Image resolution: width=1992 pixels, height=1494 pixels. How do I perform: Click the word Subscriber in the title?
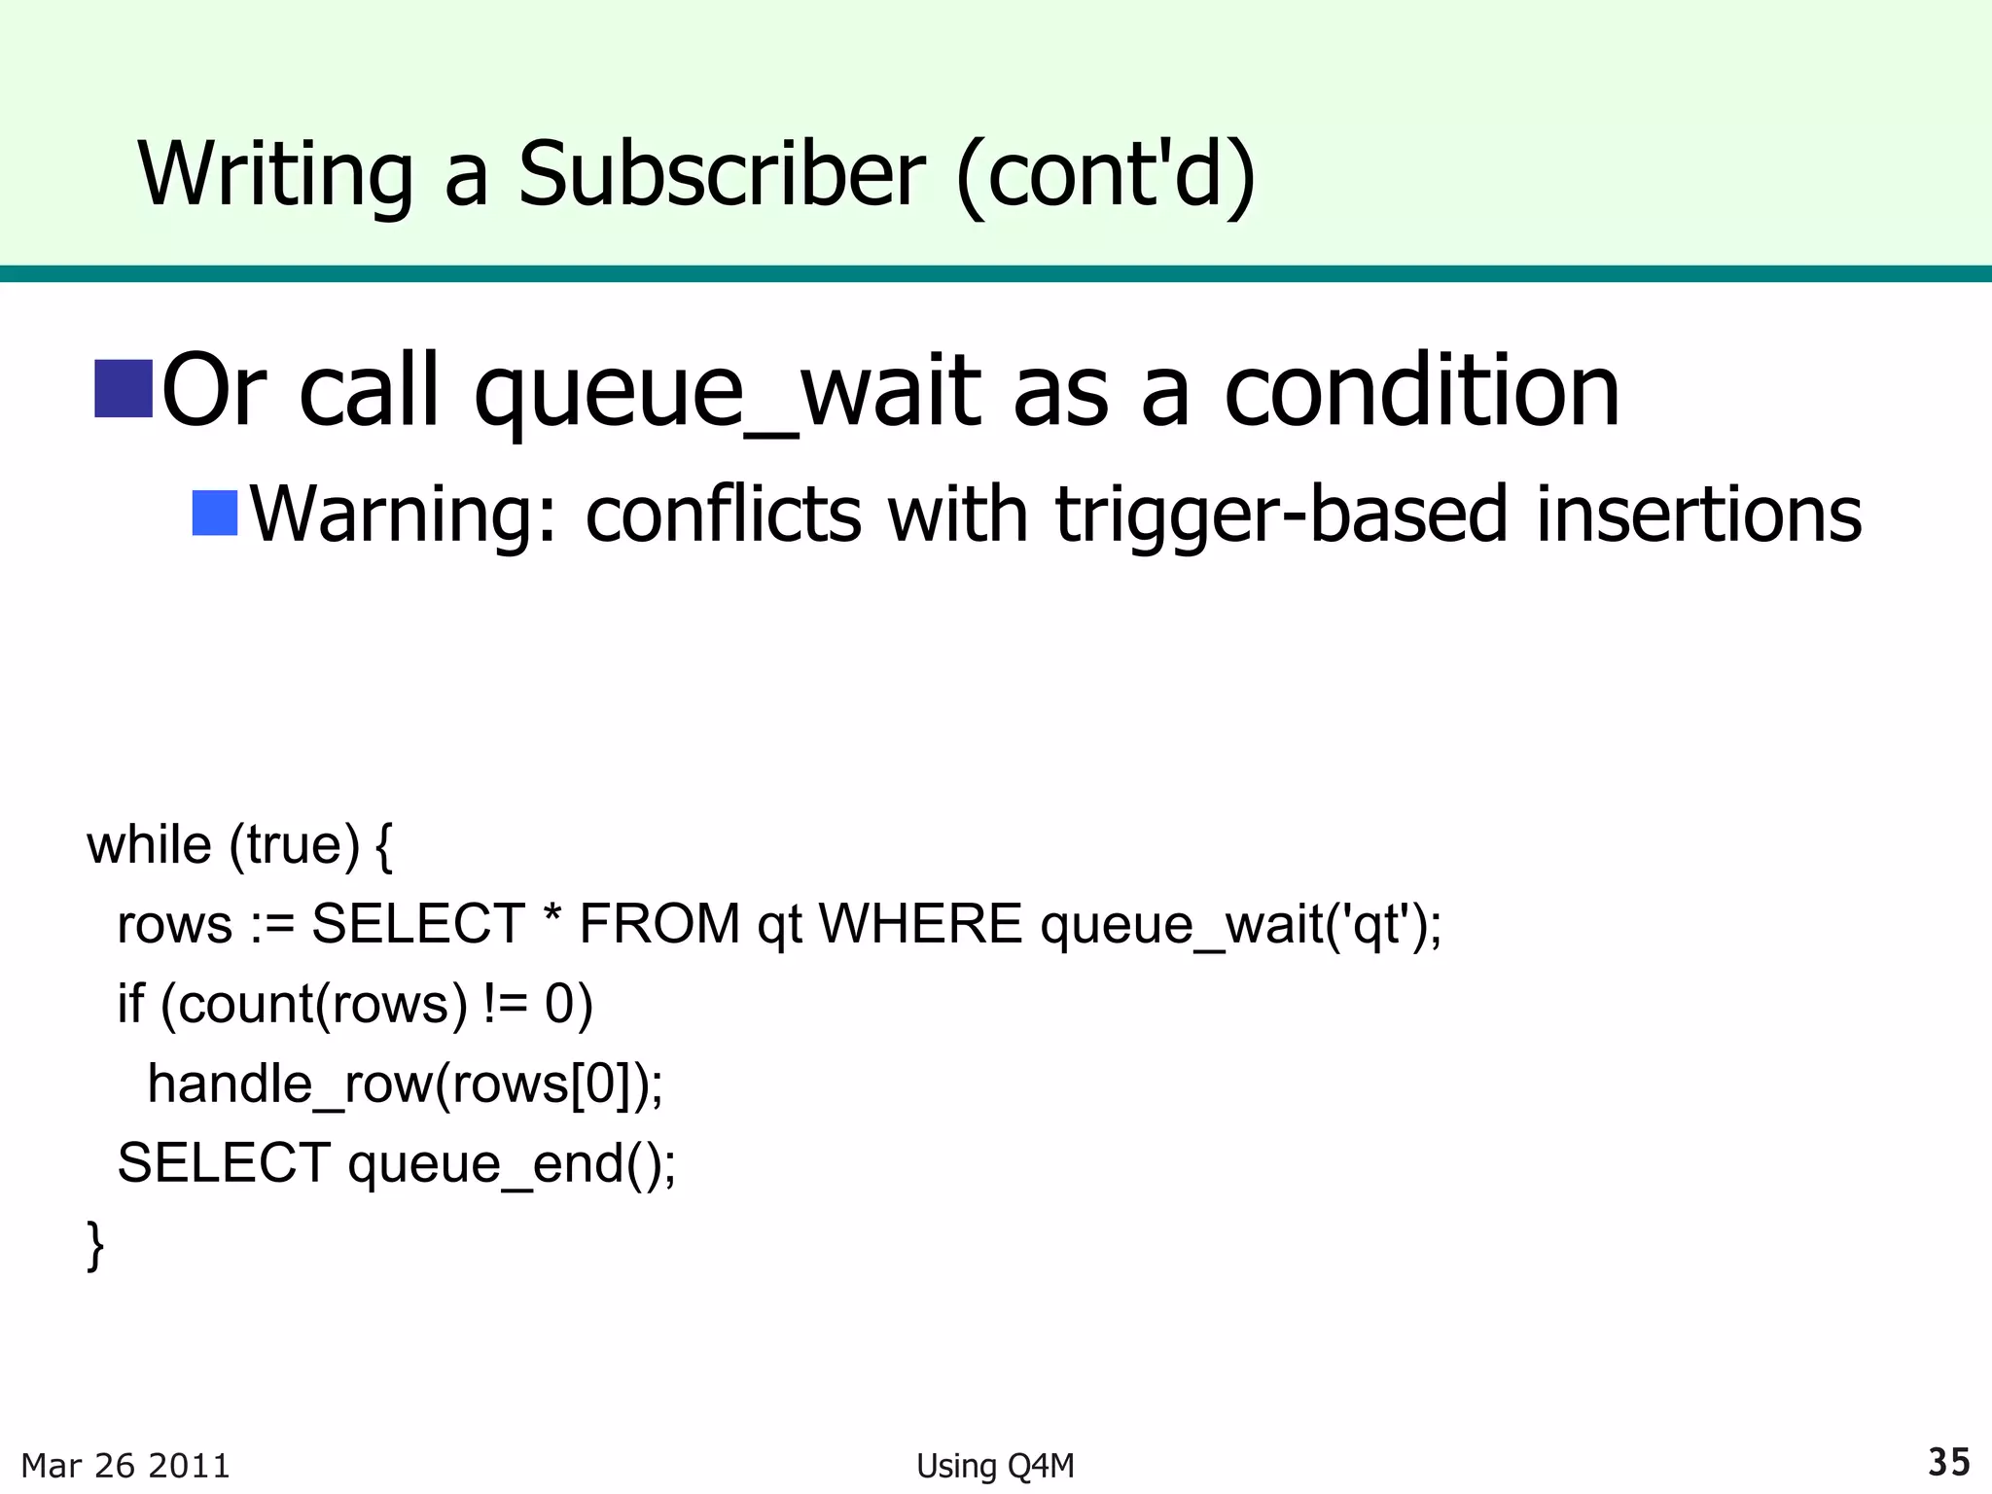721,174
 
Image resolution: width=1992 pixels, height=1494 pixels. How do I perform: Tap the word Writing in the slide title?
276,174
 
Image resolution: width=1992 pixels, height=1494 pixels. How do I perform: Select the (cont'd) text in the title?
1106,174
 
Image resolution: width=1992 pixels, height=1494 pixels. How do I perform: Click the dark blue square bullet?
124,388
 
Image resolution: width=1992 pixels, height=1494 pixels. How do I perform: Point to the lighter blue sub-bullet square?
215,514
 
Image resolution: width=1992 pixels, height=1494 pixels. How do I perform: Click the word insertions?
1698,514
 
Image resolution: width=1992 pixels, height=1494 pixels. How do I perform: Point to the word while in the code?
149,844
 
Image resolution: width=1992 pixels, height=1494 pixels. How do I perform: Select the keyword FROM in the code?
659,924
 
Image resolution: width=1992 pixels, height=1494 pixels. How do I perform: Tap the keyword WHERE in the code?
920,924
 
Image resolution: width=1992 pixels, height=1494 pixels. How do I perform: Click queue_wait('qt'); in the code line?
1241,924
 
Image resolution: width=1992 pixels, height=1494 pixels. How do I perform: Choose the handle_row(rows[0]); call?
405,1084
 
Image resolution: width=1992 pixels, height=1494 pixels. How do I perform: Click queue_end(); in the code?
512,1163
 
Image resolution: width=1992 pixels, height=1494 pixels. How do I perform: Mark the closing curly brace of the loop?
95,1245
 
